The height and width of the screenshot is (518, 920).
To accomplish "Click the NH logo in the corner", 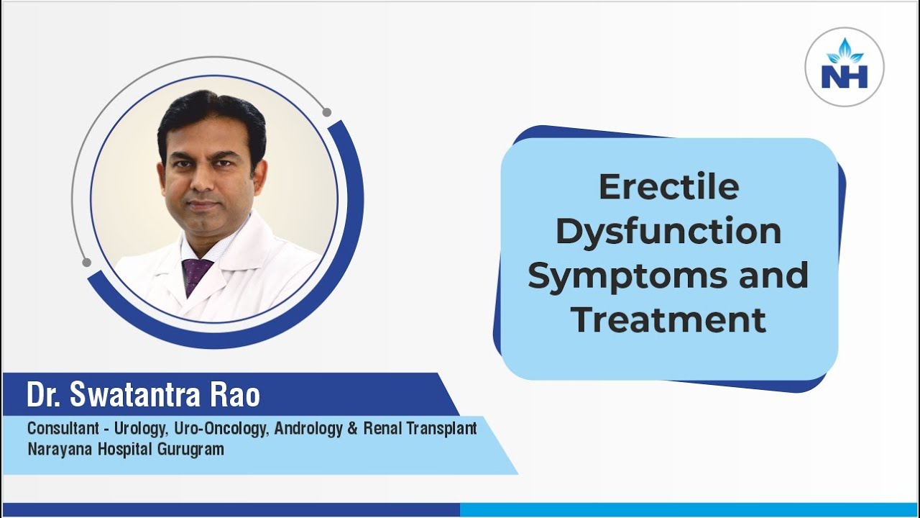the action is click(845, 67).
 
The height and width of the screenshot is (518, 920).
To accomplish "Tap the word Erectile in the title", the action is click(669, 187).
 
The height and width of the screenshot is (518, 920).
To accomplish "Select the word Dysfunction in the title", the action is click(668, 232).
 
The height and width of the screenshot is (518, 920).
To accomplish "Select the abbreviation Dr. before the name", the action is click(44, 394).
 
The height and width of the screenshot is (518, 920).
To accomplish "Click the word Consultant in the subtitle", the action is click(63, 428).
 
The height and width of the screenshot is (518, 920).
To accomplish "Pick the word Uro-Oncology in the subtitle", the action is click(221, 429).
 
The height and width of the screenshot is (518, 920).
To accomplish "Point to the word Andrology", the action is click(308, 429).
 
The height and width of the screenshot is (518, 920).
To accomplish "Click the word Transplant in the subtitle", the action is click(442, 429).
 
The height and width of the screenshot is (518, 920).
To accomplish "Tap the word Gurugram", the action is click(191, 450).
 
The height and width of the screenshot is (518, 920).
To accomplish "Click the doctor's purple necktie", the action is click(196, 276).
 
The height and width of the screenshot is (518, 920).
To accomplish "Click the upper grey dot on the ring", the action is click(326, 112).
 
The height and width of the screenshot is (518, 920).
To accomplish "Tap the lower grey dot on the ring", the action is click(86, 262).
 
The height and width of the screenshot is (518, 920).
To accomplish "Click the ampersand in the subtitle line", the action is click(353, 429).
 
